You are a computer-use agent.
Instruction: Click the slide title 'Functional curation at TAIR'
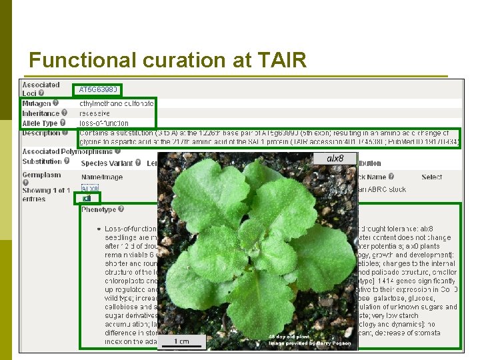tap(167, 61)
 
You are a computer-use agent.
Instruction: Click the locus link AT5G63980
tap(98, 89)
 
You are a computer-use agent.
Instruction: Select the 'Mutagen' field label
tap(36, 103)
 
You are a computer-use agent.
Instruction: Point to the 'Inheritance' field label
tap(40, 113)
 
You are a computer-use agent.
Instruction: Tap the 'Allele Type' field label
tap(40, 123)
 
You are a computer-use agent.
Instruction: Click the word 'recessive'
tap(94, 113)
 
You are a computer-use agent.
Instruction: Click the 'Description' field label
tap(41, 133)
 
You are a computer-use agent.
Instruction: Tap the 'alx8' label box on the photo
tap(335, 159)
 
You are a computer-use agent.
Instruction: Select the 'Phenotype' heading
tap(98, 209)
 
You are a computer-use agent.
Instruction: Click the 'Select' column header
tap(431, 177)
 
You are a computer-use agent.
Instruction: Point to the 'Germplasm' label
tap(41, 175)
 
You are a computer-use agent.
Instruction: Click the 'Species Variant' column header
tap(107, 163)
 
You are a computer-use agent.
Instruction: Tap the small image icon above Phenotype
tap(87, 198)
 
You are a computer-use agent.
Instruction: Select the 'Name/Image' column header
tap(101, 177)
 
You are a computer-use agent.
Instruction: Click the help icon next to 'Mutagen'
tap(55, 103)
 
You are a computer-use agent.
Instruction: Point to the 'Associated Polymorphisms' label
tap(57, 151)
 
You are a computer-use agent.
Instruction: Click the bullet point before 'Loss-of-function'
tap(98, 229)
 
